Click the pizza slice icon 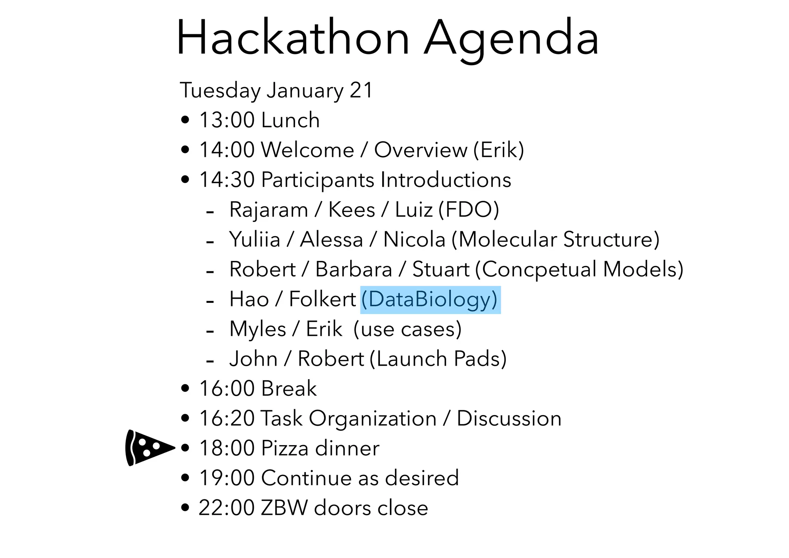point(148,448)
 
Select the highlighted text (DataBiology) point(430,300)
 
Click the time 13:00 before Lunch point(227,120)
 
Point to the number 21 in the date point(361,91)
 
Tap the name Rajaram point(269,210)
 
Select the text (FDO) point(468,210)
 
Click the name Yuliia point(255,240)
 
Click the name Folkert point(322,300)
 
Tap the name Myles point(258,329)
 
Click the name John point(253,359)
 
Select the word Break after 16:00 point(289,389)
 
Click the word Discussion point(509,418)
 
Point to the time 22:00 point(227,508)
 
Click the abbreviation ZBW point(284,508)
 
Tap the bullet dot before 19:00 point(185,478)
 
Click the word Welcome point(307,150)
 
